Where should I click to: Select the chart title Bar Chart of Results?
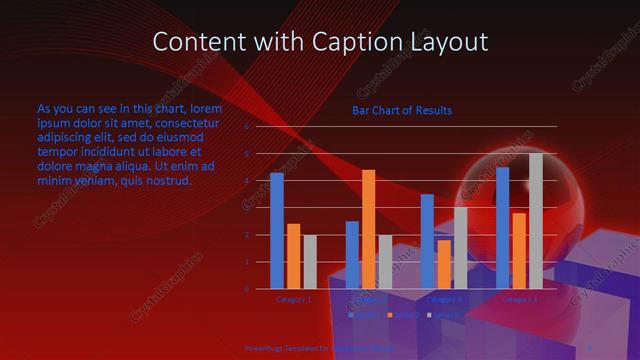point(401,110)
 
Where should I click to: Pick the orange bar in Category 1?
point(293,256)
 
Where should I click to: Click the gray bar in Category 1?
point(309,262)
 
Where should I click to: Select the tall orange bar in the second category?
point(368,229)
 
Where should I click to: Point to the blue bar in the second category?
point(352,255)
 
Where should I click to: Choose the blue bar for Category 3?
point(427,241)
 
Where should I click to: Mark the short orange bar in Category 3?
point(443,264)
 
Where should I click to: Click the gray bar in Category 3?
point(460,248)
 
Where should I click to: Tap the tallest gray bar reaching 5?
point(535,221)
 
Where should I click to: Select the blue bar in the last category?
point(502,228)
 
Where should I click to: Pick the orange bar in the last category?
point(518,250)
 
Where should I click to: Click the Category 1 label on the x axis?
point(293,298)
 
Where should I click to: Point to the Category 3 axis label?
point(444,298)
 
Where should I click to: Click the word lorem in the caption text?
point(204,108)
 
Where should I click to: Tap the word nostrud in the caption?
point(166,181)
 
